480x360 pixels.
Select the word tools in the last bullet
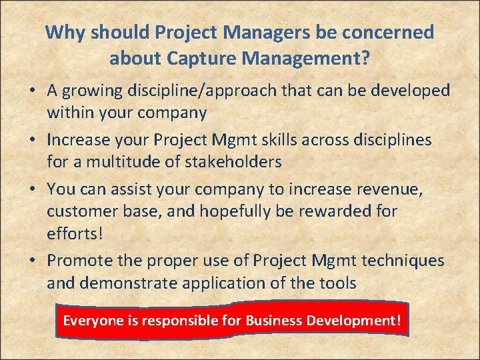336,283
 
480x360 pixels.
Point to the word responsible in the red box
177,321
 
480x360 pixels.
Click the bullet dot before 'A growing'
33,91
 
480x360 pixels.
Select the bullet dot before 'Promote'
33,259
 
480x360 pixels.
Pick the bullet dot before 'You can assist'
33,189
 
